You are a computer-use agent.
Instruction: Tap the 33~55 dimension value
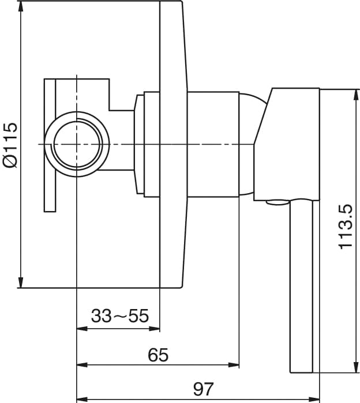click(x=120, y=316)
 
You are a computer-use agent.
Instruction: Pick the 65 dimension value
click(x=157, y=355)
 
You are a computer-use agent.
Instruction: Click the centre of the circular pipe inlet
click(x=77, y=144)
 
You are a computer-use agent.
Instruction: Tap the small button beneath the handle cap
click(x=275, y=202)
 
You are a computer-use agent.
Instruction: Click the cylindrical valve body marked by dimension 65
click(x=213, y=144)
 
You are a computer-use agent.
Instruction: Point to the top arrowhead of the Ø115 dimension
click(x=21, y=5)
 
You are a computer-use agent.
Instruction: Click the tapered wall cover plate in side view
click(x=172, y=144)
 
